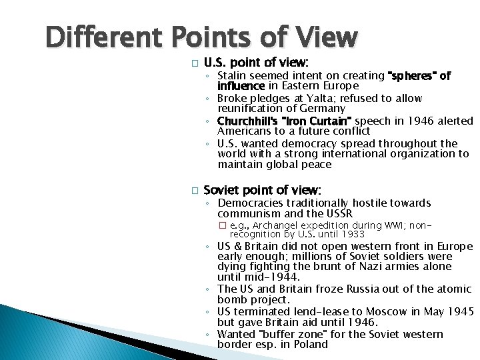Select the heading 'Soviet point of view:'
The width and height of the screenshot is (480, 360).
click(262, 190)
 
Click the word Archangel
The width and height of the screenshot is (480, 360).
click(275, 226)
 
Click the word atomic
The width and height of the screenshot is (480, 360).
click(453, 289)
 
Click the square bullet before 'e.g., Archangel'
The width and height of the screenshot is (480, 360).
click(223, 226)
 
